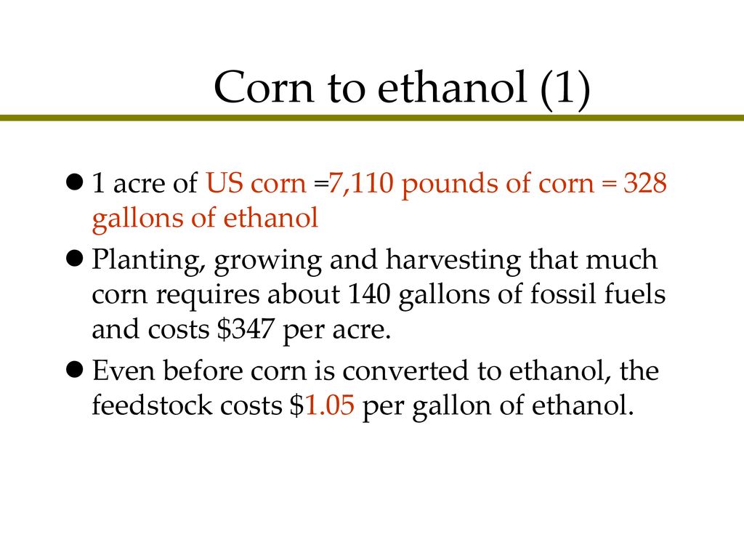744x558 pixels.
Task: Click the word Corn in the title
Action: click(x=264, y=87)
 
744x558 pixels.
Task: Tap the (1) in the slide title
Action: click(x=565, y=89)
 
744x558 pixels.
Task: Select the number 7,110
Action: click(x=361, y=184)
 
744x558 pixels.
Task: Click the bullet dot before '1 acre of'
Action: click(x=75, y=181)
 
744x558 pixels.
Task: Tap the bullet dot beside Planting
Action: click(x=75, y=259)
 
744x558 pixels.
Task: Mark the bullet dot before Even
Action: click(x=75, y=369)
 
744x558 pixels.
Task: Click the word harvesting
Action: click(x=453, y=262)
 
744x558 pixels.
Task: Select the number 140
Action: click(x=368, y=295)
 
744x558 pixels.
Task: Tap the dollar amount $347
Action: click(x=246, y=329)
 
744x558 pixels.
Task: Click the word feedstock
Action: click(x=152, y=405)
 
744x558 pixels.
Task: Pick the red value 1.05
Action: click(x=329, y=406)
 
